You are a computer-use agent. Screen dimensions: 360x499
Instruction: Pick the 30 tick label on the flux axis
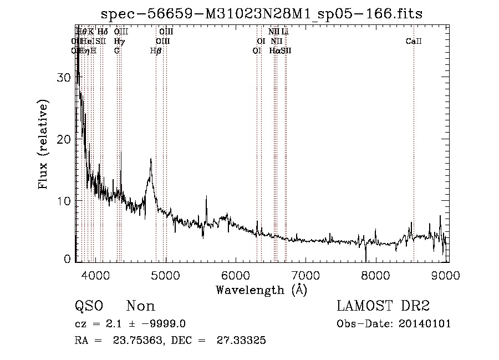64,78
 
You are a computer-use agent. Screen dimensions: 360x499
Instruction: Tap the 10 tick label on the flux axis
64,201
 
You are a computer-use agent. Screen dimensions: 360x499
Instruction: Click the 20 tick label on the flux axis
64,139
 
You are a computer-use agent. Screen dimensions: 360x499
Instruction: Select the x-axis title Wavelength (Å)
261,290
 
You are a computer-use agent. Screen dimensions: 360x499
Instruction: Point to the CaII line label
414,41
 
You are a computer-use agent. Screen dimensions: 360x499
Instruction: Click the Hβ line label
156,50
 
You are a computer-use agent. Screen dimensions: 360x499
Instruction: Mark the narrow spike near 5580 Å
207,196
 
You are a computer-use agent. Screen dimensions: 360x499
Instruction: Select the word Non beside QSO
140,306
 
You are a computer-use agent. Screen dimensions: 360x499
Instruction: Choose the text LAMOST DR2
383,306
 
